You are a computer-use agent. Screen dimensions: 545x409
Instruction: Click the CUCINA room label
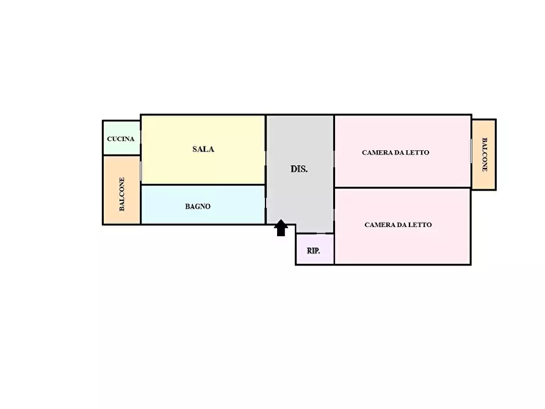click(121, 139)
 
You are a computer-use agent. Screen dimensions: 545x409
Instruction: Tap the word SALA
click(203, 149)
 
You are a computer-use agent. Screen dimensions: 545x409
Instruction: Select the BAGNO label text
click(198, 206)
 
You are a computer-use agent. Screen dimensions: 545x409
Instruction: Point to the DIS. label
click(299, 169)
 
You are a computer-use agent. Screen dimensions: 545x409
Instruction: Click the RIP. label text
click(314, 251)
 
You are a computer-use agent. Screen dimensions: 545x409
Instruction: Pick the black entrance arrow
click(281, 228)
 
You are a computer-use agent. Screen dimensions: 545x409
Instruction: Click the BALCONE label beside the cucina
click(121, 194)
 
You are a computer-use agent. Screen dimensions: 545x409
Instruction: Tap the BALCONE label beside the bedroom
click(485, 155)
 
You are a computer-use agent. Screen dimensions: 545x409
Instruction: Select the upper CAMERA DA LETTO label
click(395, 153)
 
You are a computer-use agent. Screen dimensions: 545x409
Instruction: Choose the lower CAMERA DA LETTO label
click(399, 225)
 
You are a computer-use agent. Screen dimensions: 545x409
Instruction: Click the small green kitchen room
click(121, 138)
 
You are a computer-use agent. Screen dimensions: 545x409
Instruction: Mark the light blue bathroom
click(203, 204)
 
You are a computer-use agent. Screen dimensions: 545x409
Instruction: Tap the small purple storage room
click(315, 249)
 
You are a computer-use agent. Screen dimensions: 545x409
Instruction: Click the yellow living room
click(203, 150)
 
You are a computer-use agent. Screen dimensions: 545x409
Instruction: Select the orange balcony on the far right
click(483, 155)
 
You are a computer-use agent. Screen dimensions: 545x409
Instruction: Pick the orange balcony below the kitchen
click(121, 190)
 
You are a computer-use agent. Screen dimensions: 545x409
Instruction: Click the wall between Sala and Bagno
click(203, 185)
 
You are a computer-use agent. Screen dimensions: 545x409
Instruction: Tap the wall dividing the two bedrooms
click(402, 188)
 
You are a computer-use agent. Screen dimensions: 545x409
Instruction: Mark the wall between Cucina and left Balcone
click(121, 155)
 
